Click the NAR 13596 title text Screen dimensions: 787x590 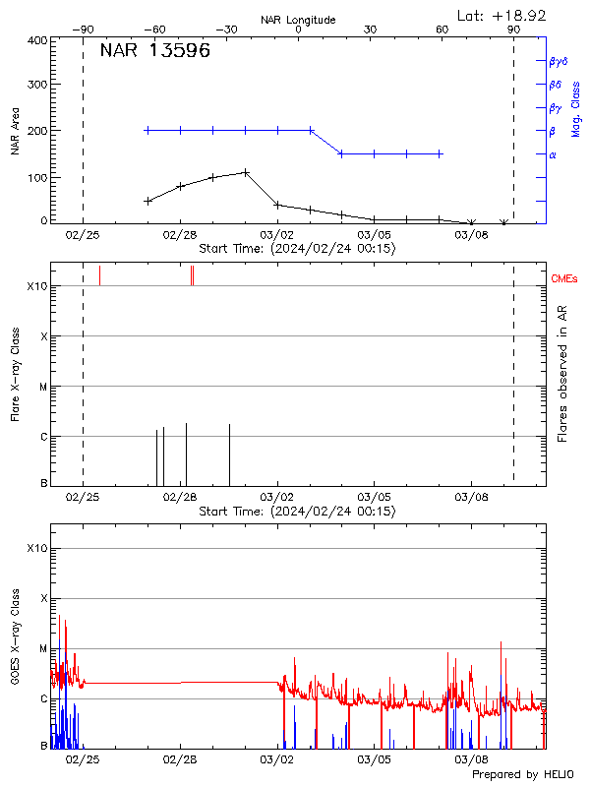(x=154, y=51)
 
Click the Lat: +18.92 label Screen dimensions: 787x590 (x=502, y=15)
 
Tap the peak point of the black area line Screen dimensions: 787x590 (x=246, y=172)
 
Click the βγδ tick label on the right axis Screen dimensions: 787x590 (x=559, y=61)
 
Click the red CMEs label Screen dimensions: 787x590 (x=564, y=279)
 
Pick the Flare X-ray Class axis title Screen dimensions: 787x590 (x=15, y=378)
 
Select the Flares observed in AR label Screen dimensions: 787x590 (x=562, y=374)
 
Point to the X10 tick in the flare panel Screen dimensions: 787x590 (x=37, y=286)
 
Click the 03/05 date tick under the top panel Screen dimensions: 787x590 (x=374, y=236)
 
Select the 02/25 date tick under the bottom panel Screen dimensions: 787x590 (x=83, y=759)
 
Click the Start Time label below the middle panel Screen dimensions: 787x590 (x=297, y=512)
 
